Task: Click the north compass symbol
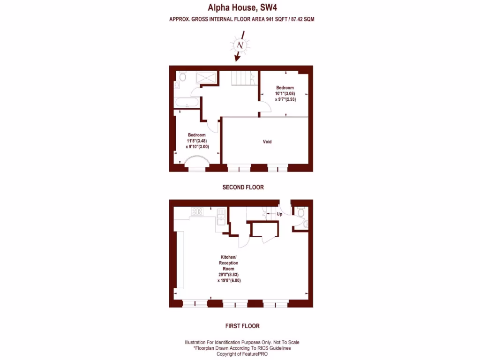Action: coord(240,45)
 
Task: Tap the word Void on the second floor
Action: coord(267,142)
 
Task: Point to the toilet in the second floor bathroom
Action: coord(183,76)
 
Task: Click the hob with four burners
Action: coord(197,211)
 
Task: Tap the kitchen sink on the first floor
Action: coord(221,219)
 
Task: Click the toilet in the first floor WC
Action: coord(301,213)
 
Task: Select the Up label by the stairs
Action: coord(279,214)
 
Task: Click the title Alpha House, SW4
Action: coord(240,7)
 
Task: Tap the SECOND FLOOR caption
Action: coord(243,187)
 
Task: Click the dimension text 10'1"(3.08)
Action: coord(285,94)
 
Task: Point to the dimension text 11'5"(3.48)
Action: coord(196,141)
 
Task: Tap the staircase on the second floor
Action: coord(243,79)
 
